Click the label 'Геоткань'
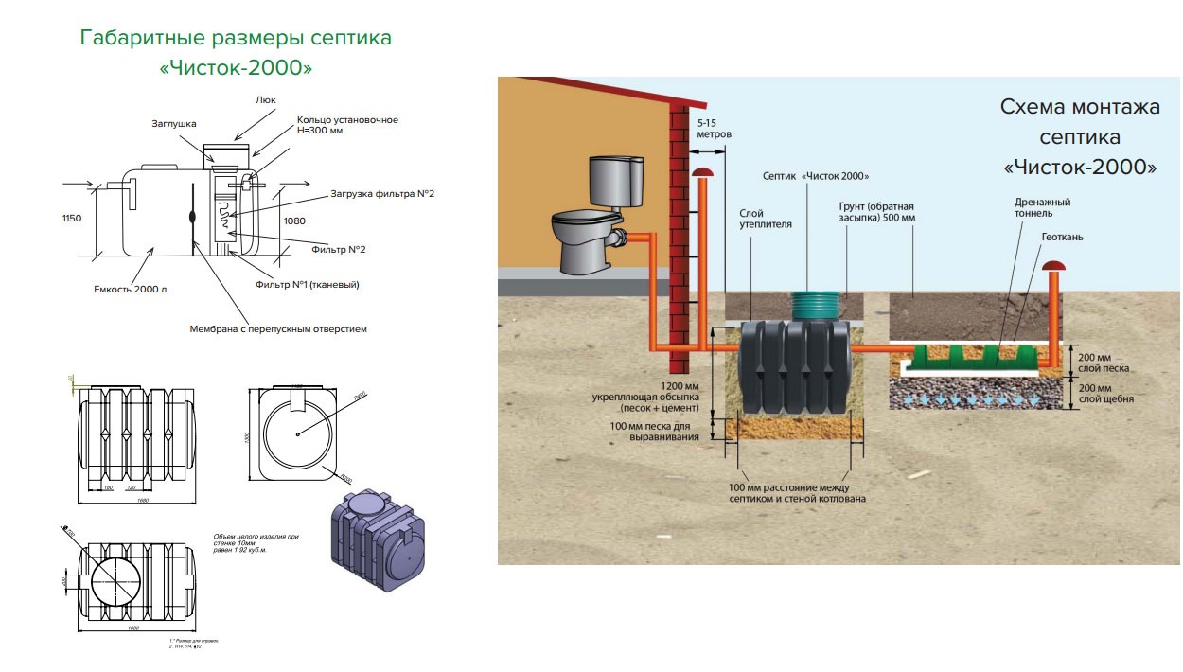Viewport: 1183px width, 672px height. (1062, 237)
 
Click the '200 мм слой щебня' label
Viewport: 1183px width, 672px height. (1105, 395)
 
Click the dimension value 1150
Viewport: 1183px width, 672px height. (72, 219)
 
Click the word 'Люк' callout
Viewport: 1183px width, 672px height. (265, 98)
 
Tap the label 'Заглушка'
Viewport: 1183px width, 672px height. (172, 123)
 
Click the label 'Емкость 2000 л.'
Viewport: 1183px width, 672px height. (131, 289)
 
